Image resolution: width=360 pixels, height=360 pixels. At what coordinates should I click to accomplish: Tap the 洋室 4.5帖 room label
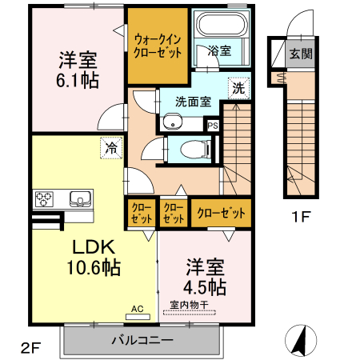206,276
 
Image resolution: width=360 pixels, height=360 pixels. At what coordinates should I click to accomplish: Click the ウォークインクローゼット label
158,44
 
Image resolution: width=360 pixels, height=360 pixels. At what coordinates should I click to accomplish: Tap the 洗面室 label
193,102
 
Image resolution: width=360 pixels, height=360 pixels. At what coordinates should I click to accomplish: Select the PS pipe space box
213,125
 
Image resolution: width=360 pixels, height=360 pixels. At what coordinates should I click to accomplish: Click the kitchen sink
81,198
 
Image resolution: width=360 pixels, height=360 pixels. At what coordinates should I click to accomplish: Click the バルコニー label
141,340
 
